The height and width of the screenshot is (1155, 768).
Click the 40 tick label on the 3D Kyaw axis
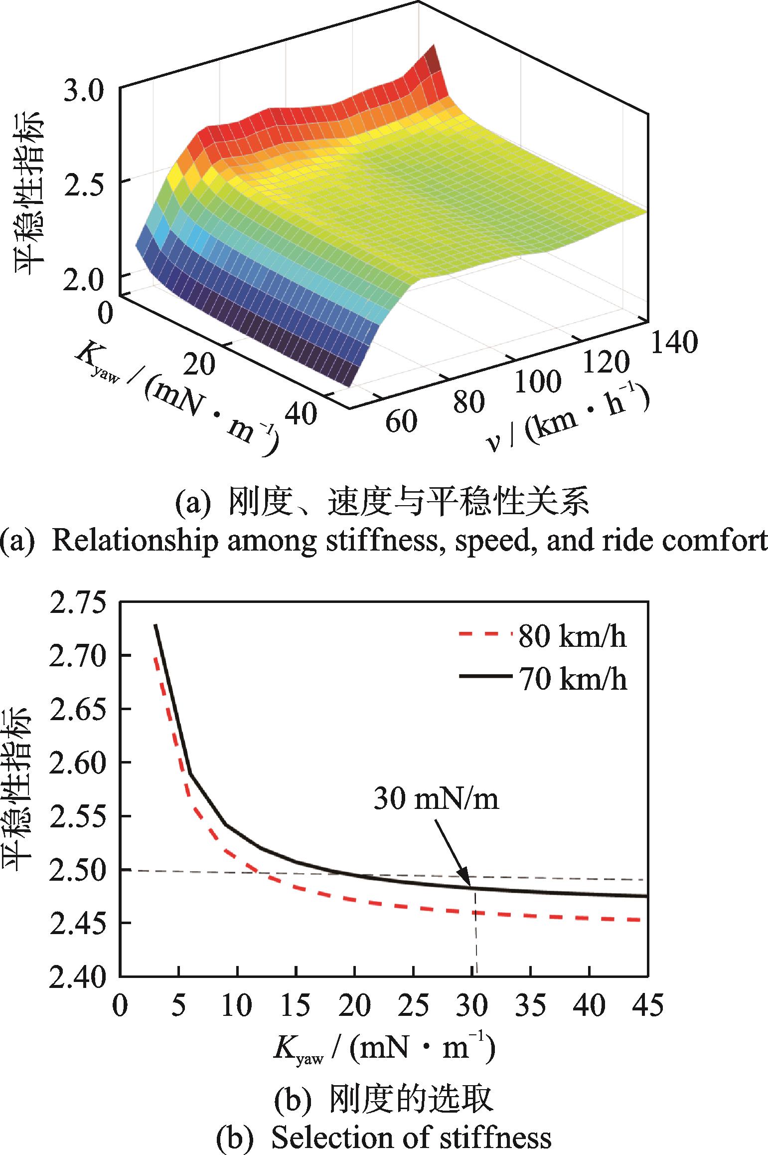click(x=302, y=413)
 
